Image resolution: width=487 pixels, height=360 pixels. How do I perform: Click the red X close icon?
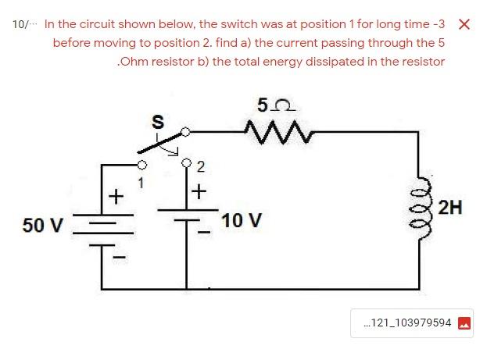click(464, 24)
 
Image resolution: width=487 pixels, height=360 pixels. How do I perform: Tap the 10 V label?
click(241, 220)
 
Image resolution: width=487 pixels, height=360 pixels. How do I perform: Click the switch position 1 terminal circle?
click(141, 166)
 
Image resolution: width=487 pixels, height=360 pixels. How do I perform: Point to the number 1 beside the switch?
click(141, 183)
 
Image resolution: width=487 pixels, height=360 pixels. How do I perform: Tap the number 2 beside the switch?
click(200, 166)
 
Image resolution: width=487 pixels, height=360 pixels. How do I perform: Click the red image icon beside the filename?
click(464, 323)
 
